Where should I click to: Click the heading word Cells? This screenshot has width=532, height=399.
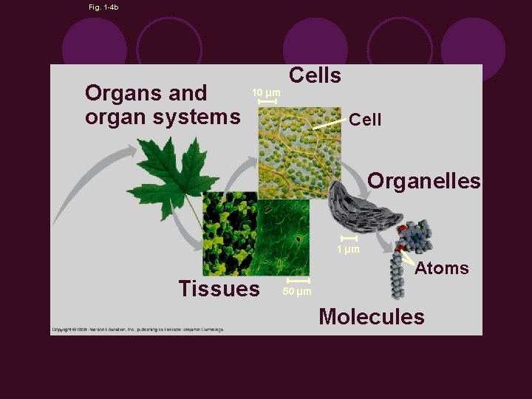tap(315, 75)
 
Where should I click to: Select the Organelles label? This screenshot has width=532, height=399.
tap(424, 181)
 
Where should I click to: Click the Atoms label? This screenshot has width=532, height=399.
tap(442, 268)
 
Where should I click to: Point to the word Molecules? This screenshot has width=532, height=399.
tap(372, 317)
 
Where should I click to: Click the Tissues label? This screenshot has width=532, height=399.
tap(219, 288)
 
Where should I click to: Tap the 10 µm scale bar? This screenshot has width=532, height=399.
tap(267, 100)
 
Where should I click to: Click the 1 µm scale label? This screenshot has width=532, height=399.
tap(348, 249)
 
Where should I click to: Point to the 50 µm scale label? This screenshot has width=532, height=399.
tap(297, 292)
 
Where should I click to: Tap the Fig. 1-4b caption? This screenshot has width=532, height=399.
tap(103, 7)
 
